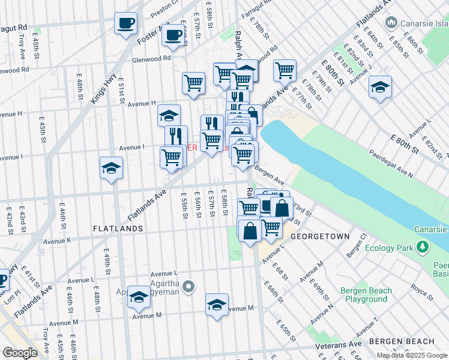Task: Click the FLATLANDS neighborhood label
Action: [x=118, y=229]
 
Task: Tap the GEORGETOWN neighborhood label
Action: [x=320, y=236]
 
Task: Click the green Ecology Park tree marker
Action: [x=423, y=247]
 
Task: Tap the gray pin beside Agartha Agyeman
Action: [x=188, y=287]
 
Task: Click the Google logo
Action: [x=20, y=353]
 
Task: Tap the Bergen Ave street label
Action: [x=270, y=176]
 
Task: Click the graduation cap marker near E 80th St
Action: [x=380, y=87]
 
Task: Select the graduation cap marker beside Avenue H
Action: [x=169, y=114]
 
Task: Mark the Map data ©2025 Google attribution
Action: [x=412, y=355]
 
